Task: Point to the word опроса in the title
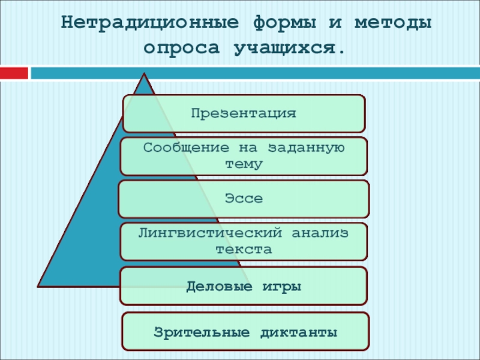pos(179,47)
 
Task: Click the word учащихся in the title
pos(287,47)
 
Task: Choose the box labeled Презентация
pos(244,113)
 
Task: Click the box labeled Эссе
pos(244,199)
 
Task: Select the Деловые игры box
pos(244,286)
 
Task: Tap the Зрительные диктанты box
pos(245,331)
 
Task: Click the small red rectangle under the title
pos(14,73)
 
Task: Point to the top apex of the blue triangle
pos(145,74)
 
